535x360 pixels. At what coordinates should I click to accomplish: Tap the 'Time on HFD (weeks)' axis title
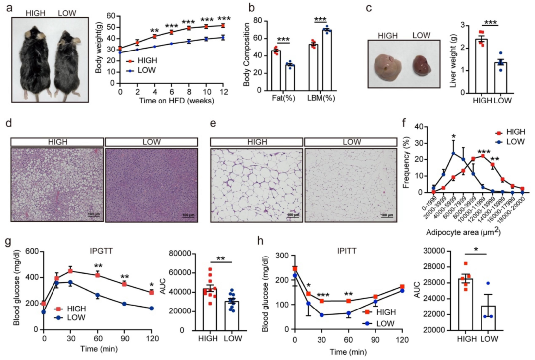[x=169, y=101]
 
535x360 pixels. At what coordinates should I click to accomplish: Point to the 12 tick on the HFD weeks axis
[x=223, y=92]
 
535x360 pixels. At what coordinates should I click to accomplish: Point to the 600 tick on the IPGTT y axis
[x=33, y=252]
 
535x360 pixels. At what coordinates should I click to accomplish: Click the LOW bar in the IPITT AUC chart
[x=487, y=317]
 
